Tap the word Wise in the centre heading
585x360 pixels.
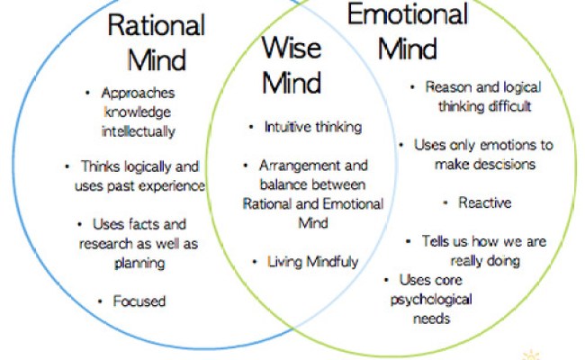(x=291, y=46)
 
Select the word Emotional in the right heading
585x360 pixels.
(x=408, y=14)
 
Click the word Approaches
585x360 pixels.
(x=139, y=93)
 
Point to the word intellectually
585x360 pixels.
(x=139, y=130)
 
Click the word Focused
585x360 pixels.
(x=139, y=301)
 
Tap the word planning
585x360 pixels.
(x=139, y=263)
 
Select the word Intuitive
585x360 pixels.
(x=286, y=127)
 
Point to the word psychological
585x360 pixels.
(x=430, y=300)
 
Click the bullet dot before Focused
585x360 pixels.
(x=99, y=301)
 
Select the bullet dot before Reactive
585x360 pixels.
(x=445, y=202)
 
